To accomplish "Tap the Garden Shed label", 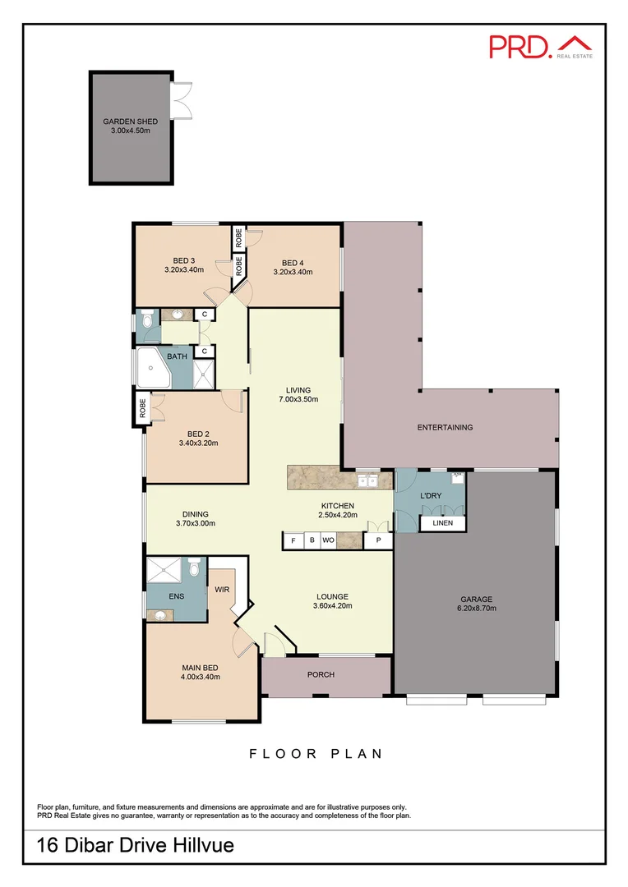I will coord(131,122).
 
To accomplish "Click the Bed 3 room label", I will coord(183,260).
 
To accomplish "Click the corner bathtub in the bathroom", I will coord(152,368).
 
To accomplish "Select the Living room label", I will coord(298,390).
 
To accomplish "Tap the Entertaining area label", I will coord(445,427).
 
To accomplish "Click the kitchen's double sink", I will coord(367,481).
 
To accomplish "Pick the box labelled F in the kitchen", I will coord(293,541).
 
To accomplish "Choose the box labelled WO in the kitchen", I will coord(328,541).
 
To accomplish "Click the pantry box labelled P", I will coord(378,541).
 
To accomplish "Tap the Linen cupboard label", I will coord(443,523).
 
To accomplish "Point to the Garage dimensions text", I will coord(476,609).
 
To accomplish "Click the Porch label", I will coord(321,675).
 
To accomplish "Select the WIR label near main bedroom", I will coord(222,589).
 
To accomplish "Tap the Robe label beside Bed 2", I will coord(143,408).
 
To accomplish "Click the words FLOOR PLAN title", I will coord(316,754).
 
